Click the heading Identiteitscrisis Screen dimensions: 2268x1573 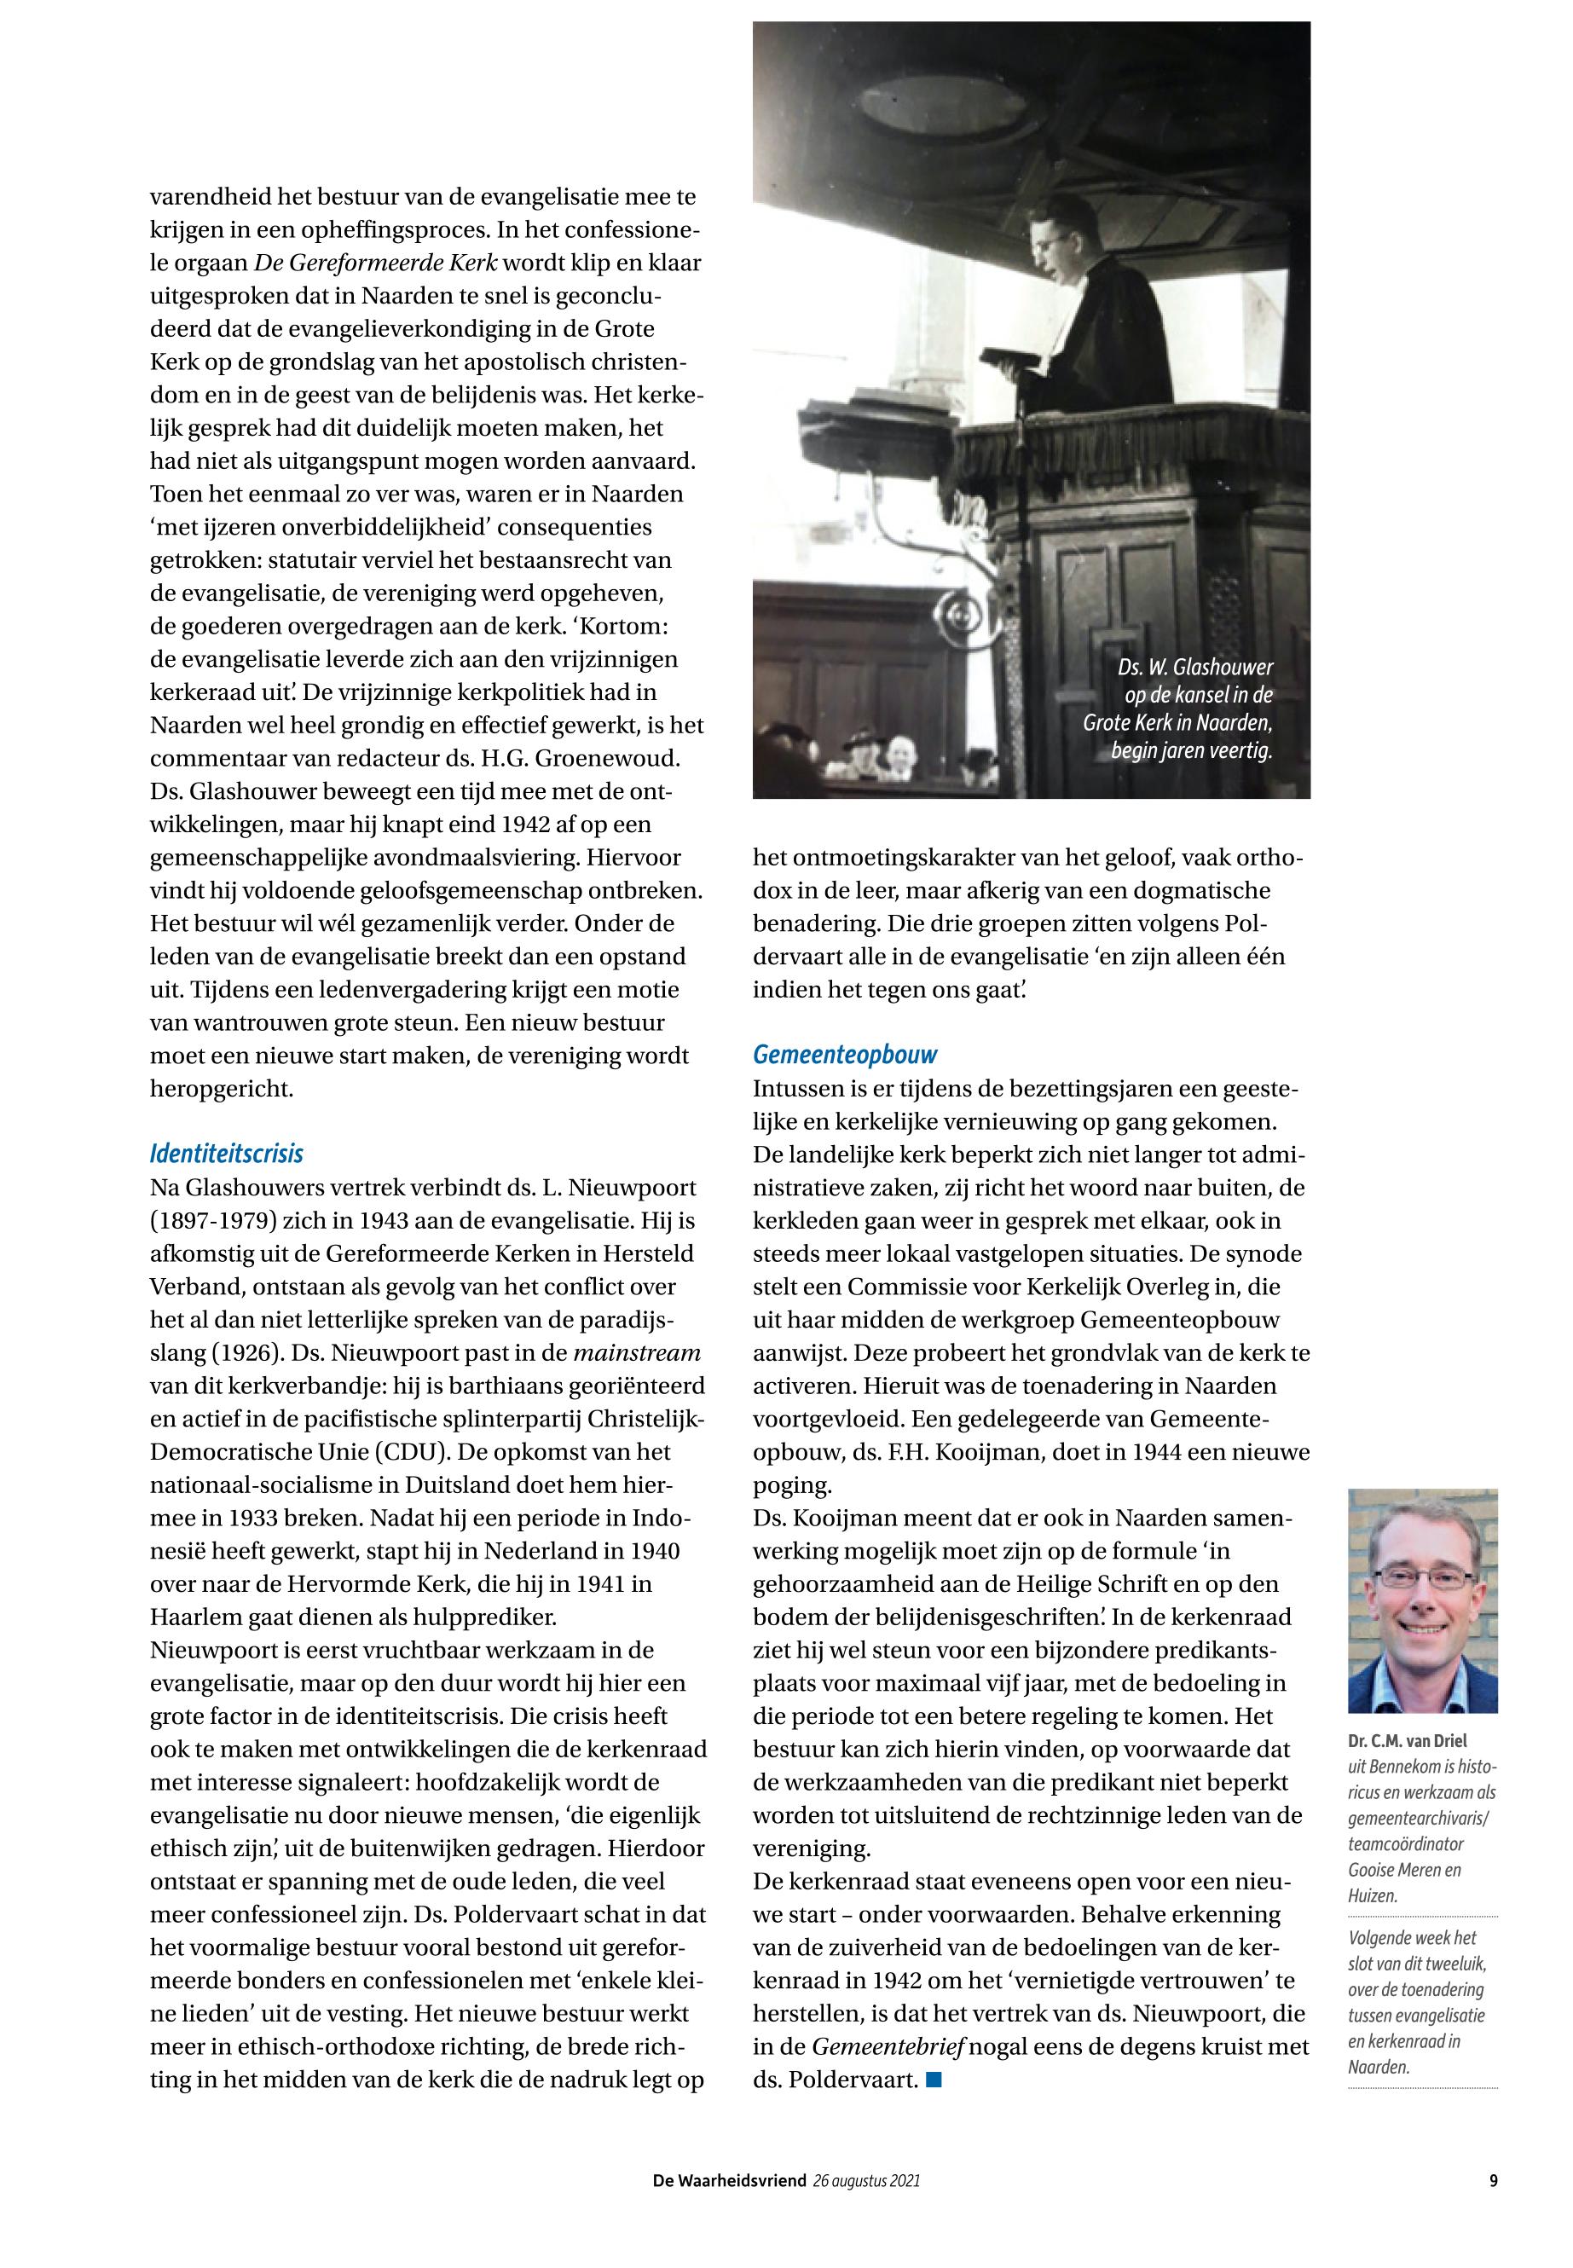227,1154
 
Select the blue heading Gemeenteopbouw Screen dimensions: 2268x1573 845,1055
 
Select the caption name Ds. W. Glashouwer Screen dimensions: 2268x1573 1194,668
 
